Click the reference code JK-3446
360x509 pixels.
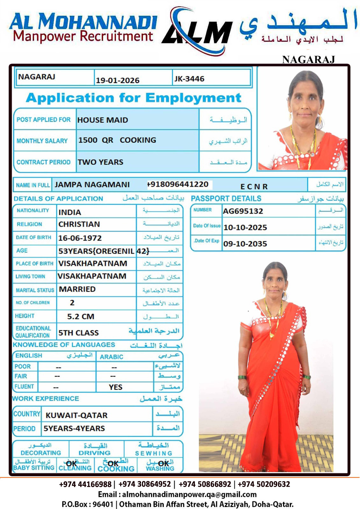point(189,79)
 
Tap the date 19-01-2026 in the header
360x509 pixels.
point(117,80)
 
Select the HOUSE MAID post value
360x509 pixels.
point(102,120)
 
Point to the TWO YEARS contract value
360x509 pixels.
point(100,162)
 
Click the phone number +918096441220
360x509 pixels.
point(178,185)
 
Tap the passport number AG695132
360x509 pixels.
point(243,211)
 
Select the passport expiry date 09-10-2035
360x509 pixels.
point(245,244)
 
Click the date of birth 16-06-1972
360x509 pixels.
point(80,238)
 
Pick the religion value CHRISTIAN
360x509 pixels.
point(79,225)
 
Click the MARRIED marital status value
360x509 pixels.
point(77,289)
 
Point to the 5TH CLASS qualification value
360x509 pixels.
point(78,333)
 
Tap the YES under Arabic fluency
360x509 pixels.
point(115,387)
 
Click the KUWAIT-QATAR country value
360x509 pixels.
point(76,415)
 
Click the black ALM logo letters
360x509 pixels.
point(197,32)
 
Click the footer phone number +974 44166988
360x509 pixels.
point(85,485)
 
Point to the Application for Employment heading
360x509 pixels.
point(133,98)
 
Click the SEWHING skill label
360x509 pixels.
point(153,453)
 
